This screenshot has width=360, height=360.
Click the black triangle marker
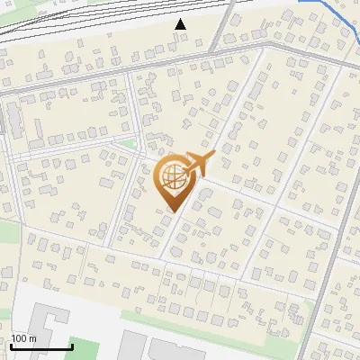[x=181, y=24]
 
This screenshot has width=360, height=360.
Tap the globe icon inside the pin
[x=173, y=176]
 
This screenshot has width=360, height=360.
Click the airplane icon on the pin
[x=199, y=163]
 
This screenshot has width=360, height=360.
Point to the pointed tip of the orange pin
[x=172, y=211]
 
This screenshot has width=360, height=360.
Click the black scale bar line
[x=41, y=347]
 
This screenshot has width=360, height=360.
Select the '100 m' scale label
[x=24, y=338]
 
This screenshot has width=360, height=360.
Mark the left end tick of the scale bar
[x=11, y=346]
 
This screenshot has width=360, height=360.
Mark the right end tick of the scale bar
[x=72, y=346]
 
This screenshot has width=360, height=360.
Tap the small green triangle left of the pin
[x=130, y=143]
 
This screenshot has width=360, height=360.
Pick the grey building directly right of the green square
[x=132, y=346]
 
